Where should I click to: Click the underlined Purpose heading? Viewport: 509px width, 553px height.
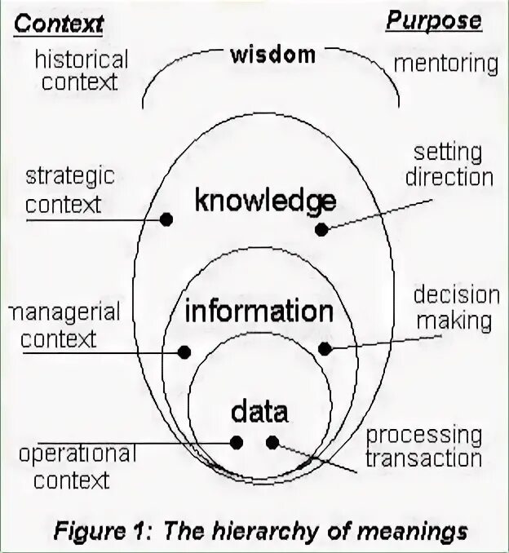click(433, 21)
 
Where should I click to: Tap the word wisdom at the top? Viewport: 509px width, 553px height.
click(272, 55)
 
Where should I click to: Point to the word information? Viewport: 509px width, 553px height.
click(259, 312)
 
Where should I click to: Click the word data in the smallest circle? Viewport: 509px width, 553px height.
click(259, 410)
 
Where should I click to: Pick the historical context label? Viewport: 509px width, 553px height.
click(81, 70)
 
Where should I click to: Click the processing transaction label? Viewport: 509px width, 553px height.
click(423, 446)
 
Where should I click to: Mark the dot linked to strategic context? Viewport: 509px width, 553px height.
click(166, 219)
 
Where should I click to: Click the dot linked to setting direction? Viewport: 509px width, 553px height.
click(321, 230)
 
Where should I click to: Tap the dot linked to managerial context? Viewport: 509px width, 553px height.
click(184, 352)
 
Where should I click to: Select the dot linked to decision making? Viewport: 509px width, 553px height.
click(324, 349)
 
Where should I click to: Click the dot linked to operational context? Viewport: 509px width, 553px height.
click(237, 442)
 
